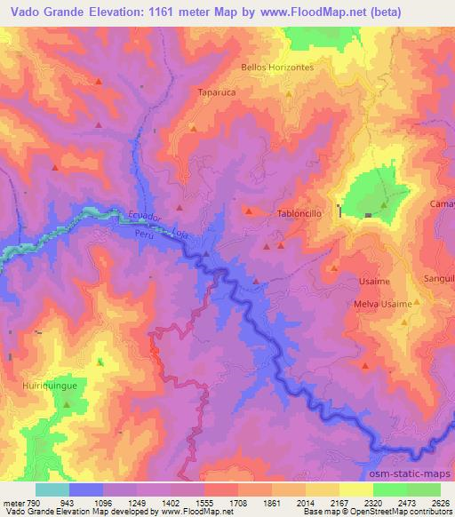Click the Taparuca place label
click(214, 91)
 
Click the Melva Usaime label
click(382, 304)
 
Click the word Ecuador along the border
click(144, 217)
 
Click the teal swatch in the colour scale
click(52, 489)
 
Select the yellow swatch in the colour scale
click(355, 489)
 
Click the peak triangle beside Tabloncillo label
click(249, 211)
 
